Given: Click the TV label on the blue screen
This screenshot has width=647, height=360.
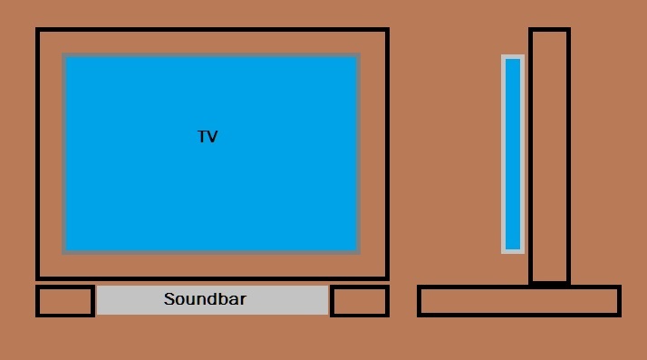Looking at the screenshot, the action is (x=208, y=137).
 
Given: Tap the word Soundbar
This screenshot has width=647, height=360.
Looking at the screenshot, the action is (x=205, y=299).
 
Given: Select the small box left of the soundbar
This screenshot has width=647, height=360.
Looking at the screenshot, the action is (x=65, y=301).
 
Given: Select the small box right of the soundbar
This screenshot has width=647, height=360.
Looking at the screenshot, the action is (x=360, y=301).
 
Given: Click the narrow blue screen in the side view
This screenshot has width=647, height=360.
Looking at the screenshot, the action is (x=513, y=154).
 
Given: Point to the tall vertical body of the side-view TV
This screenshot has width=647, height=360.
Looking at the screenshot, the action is (x=549, y=156).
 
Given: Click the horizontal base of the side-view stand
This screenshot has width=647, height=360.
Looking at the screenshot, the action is (x=518, y=301).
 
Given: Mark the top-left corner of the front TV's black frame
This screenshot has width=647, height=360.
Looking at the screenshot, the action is (x=38, y=30).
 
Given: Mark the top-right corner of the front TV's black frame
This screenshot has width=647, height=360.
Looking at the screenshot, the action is (x=387, y=30).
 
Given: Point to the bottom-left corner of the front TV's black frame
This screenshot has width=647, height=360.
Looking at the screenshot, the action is (x=38, y=277).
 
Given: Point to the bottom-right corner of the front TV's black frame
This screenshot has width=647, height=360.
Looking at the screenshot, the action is (x=387, y=277).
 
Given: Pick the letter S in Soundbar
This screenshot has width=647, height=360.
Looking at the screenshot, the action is (x=169, y=299).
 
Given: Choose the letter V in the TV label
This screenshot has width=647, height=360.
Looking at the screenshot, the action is (x=213, y=137).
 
